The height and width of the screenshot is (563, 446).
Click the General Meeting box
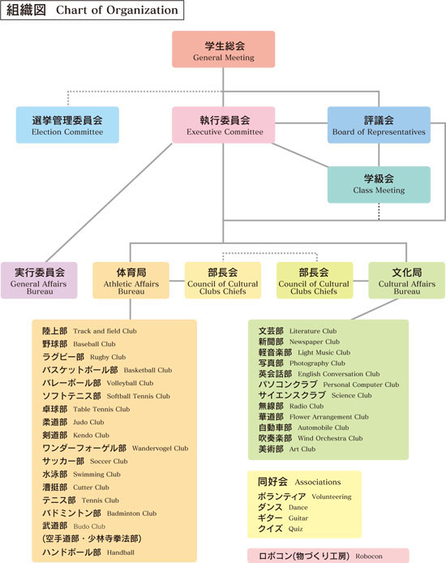coord(223,49)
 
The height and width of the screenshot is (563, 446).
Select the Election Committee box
coord(67,125)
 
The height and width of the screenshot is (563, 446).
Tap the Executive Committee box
coord(223,125)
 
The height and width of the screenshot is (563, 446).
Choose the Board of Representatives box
coord(379,125)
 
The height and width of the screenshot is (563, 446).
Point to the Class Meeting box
coord(379,184)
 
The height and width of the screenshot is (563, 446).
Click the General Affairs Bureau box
coord(39,281)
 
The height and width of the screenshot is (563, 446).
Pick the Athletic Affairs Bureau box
coord(131,281)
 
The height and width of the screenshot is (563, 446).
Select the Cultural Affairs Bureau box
coord(406,281)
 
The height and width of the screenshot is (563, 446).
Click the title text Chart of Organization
coord(117,10)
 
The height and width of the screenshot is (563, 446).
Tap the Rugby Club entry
coord(84,357)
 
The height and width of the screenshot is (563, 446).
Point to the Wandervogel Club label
coord(160,448)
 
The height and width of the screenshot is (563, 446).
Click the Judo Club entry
coord(73,422)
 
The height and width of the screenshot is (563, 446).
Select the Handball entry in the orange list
coord(88,552)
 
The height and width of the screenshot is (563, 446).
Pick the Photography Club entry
coord(302,363)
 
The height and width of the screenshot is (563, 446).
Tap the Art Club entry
coord(287,449)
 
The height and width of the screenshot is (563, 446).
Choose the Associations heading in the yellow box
coord(318,482)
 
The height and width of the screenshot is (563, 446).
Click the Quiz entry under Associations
coord(281,529)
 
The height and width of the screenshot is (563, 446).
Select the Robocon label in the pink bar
coord(369,556)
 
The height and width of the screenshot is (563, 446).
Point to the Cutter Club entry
coord(75,488)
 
